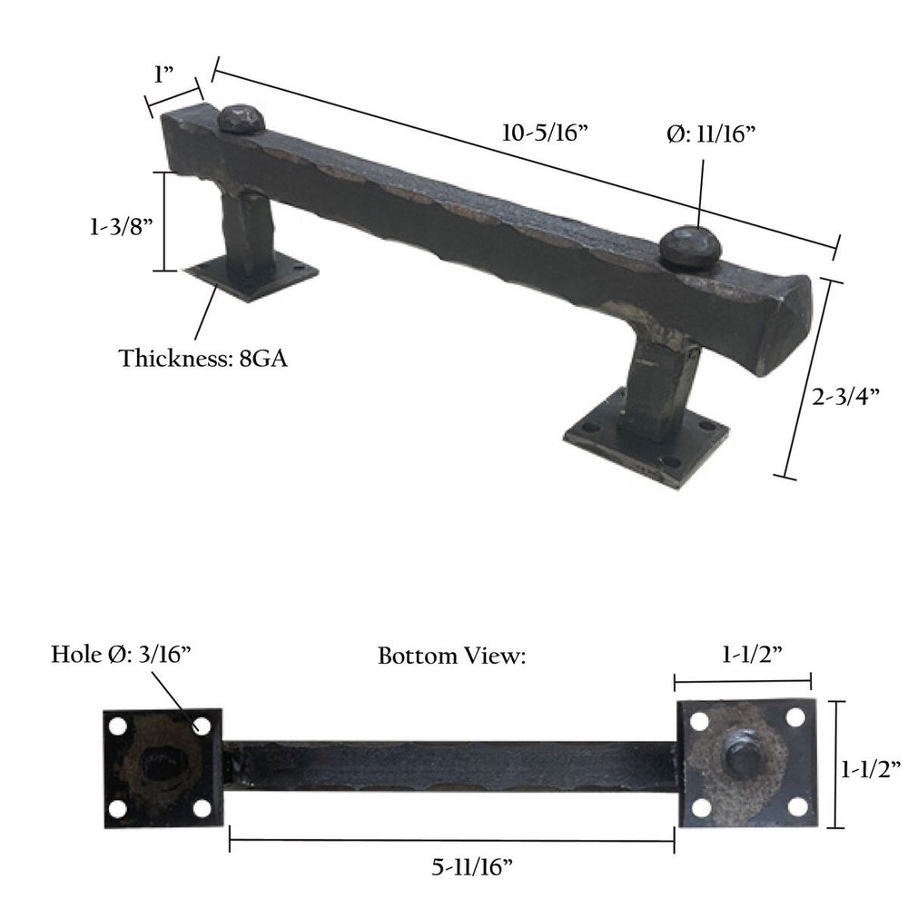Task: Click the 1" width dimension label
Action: [163, 74]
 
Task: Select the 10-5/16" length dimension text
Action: [547, 133]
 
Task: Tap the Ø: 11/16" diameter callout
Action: [712, 133]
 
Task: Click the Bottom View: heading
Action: [452, 656]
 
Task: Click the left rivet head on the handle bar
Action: [242, 117]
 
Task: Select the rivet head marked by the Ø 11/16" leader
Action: [689, 247]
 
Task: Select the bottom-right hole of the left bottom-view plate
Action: [202, 807]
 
